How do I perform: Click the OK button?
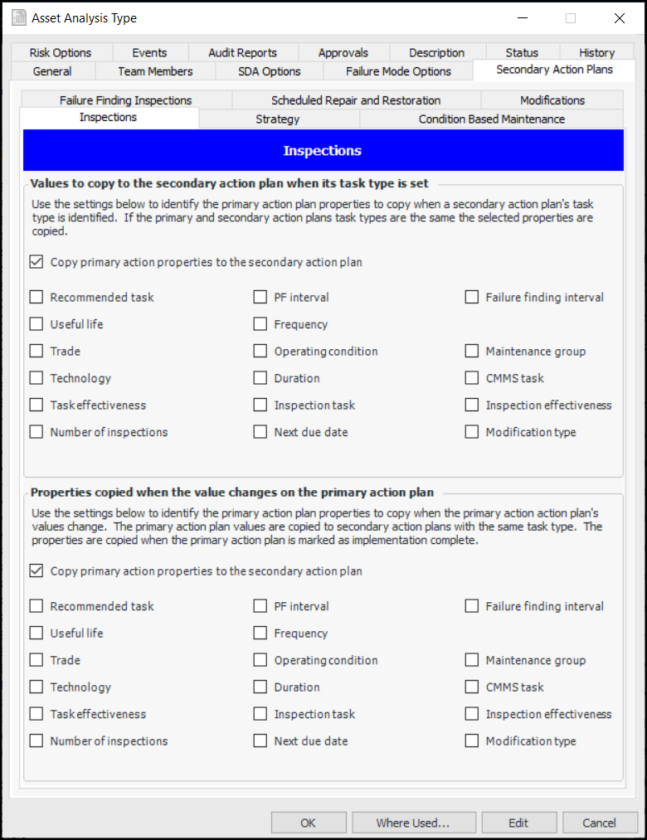(308, 823)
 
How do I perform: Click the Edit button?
(518, 823)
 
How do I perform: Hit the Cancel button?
(599, 823)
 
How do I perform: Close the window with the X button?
(619, 18)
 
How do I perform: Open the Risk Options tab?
(61, 52)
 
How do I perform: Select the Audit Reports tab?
(242, 52)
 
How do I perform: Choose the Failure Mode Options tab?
(398, 71)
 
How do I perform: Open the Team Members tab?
(155, 71)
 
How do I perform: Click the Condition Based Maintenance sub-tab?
(491, 119)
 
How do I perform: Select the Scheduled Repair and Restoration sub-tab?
(356, 100)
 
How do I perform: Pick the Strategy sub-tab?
(278, 119)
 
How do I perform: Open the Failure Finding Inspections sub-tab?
(125, 100)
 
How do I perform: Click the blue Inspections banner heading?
(322, 151)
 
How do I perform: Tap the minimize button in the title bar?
(522, 18)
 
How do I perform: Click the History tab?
(596, 52)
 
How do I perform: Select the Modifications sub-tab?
(552, 100)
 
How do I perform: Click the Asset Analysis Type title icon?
(17, 18)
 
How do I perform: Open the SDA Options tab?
(269, 71)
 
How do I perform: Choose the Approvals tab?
(343, 52)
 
